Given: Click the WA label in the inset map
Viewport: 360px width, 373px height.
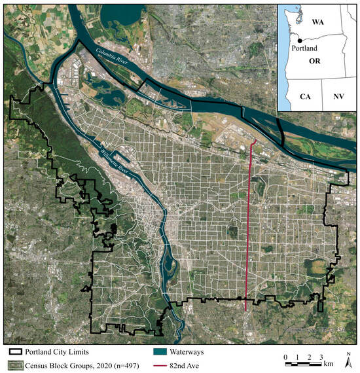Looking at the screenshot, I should point(318,22).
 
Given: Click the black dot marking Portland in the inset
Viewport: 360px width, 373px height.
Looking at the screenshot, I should point(289,45).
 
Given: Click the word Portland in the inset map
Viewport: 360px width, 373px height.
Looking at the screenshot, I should point(303,54).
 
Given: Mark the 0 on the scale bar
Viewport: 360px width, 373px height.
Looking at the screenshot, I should point(286,357).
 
